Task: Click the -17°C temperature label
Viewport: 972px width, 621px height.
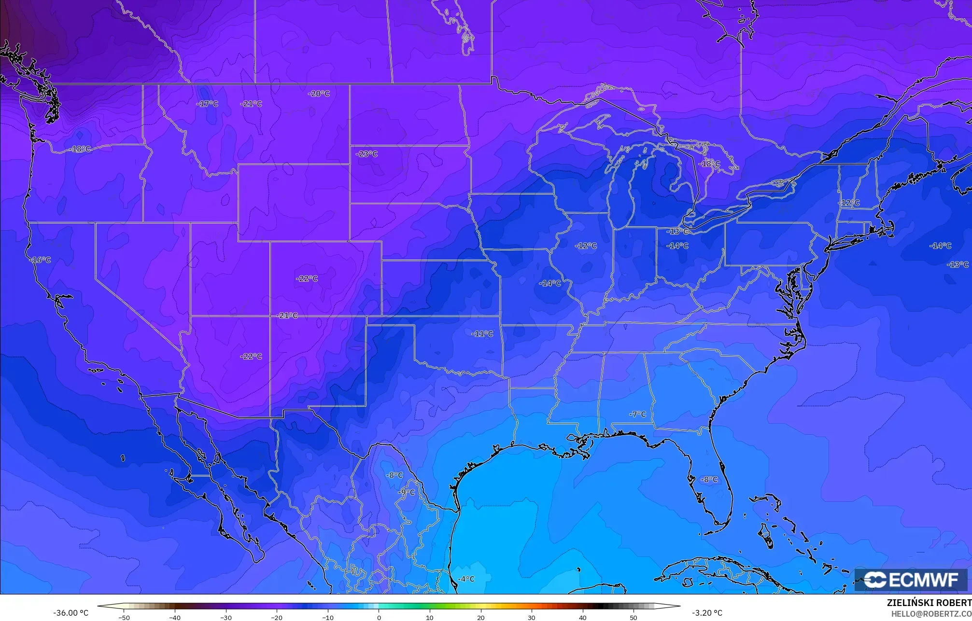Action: point(207,104)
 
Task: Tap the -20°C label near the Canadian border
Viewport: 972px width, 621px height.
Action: point(319,94)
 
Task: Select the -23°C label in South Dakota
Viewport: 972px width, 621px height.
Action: point(366,154)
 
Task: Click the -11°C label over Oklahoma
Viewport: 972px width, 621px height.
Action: point(482,334)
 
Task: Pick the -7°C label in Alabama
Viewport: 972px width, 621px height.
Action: point(637,414)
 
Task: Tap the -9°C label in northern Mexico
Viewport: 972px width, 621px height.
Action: point(406,493)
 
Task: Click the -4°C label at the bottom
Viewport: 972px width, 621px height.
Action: point(466,579)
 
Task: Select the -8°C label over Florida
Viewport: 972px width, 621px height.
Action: point(709,480)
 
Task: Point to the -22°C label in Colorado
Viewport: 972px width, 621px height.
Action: point(307,279)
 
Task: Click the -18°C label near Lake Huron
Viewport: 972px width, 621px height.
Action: point(709,164)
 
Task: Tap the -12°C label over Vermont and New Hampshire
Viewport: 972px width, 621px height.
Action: point(849,203)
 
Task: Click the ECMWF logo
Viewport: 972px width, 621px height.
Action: point(911,580)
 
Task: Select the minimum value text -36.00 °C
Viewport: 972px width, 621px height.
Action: point(71,613)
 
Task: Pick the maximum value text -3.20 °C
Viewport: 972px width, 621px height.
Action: point(707,613)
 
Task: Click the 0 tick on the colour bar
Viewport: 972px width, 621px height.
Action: point(379,618)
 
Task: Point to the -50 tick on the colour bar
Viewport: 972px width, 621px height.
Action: point(124,618)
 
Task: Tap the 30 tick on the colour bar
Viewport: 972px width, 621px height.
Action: point(531,618)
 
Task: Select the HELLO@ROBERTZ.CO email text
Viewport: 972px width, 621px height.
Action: point(931,614)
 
